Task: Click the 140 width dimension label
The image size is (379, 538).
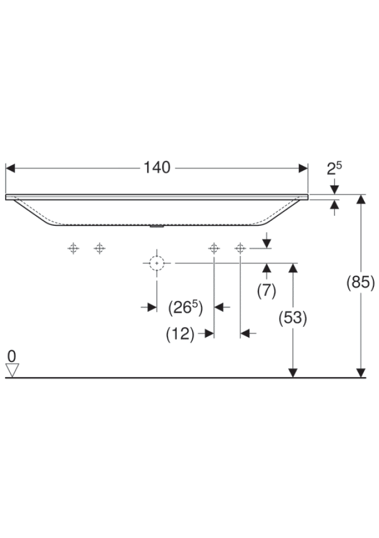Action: (157, 168)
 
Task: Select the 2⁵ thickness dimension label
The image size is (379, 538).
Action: (334, 168)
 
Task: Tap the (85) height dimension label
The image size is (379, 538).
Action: (360, 282)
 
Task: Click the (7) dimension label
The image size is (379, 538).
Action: (267, 291)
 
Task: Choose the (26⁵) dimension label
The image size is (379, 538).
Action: (185, 308)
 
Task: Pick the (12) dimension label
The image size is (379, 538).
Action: (180, 333)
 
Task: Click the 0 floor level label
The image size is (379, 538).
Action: (12, 356)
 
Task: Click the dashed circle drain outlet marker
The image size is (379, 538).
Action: (157, 263)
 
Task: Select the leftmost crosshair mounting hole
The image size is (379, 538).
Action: (73, 248)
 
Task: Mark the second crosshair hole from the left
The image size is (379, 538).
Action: (99, 248)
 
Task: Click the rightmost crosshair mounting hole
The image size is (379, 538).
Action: (240, 248)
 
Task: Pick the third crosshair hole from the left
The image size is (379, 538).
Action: (214, 248)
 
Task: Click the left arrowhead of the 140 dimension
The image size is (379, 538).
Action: (10, 169)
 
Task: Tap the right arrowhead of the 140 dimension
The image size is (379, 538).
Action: (303, 169)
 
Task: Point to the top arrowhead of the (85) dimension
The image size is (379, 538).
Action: (361, 200)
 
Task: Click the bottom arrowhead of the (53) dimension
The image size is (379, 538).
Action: (293, 373)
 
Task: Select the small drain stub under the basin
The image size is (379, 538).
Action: (157, 226)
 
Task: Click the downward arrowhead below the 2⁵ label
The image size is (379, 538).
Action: (334, 189)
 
